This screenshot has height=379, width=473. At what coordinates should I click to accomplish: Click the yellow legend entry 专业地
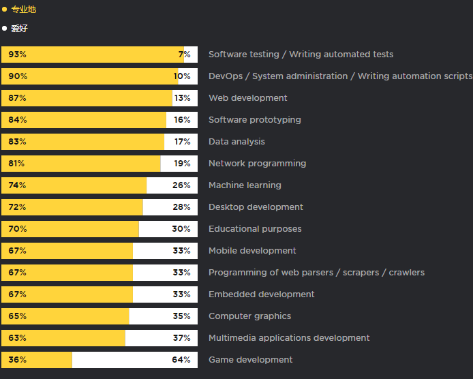pyautogui.click(x=23, y=10)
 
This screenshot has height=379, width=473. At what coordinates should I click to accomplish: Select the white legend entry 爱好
pyautogui.click(x=19, y=29)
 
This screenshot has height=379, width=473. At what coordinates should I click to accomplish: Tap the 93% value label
pyautogui.click(x=17, y=55)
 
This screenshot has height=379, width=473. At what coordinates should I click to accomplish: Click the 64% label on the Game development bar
pyautogui.click(x=181, y=360)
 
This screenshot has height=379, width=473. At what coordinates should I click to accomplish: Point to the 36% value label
pyautogui.click(x=17, y=360)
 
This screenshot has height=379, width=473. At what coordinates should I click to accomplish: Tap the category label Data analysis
pyautogui.click(x=236, y=142)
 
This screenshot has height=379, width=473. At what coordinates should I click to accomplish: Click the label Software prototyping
pyautogui.click(x=254, y=120)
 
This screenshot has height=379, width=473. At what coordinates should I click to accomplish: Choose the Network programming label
pyautogui.click(x=257, y=164)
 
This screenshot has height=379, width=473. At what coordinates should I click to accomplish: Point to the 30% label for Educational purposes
pyautogui.click(x=181, y=229)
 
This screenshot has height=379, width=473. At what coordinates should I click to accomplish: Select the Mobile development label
pyautogui.click(x=252, y=251)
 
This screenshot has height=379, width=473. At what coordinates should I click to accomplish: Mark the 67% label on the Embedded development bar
pyautogui.click(x=17, y=294)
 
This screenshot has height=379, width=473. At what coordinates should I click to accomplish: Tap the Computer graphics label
pyautogui.click(x=249, y=316)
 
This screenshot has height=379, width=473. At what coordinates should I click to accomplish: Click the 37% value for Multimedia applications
pyautogui.click(x=181, y=338)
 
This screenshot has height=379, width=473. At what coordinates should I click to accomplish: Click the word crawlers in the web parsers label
pyautogui.click(x=407, y=273)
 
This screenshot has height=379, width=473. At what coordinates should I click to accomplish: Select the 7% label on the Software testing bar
pyautogui.click(x=184, y=55)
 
